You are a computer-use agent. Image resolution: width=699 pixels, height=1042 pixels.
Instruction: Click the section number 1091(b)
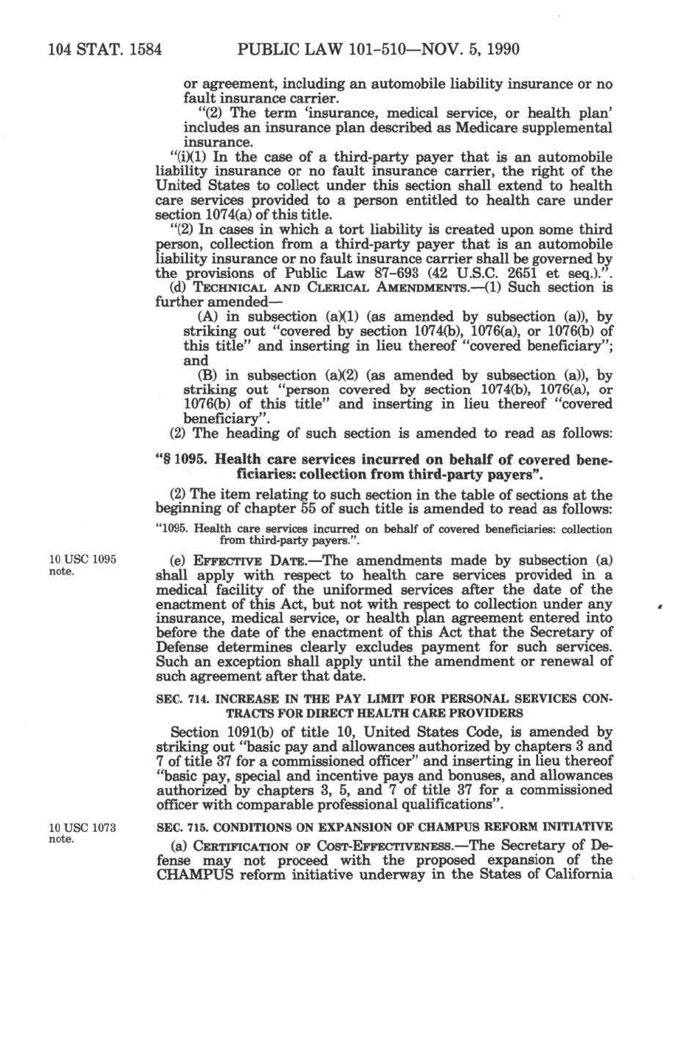coord(261,732)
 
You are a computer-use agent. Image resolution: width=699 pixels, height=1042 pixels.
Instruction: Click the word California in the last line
coord(577,875)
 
